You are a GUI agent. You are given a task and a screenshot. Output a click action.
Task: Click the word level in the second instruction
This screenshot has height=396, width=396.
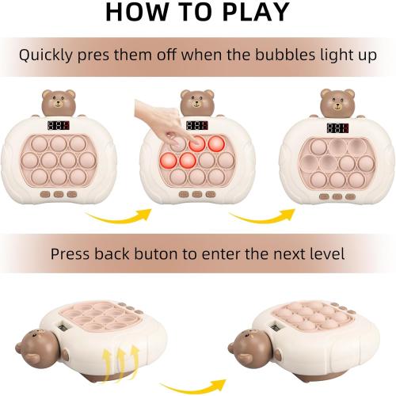click(327, 255)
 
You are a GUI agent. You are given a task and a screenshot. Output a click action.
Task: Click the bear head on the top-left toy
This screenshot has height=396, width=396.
click(58, 102)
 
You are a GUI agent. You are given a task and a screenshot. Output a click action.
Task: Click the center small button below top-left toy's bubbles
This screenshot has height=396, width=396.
click(58, 192)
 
